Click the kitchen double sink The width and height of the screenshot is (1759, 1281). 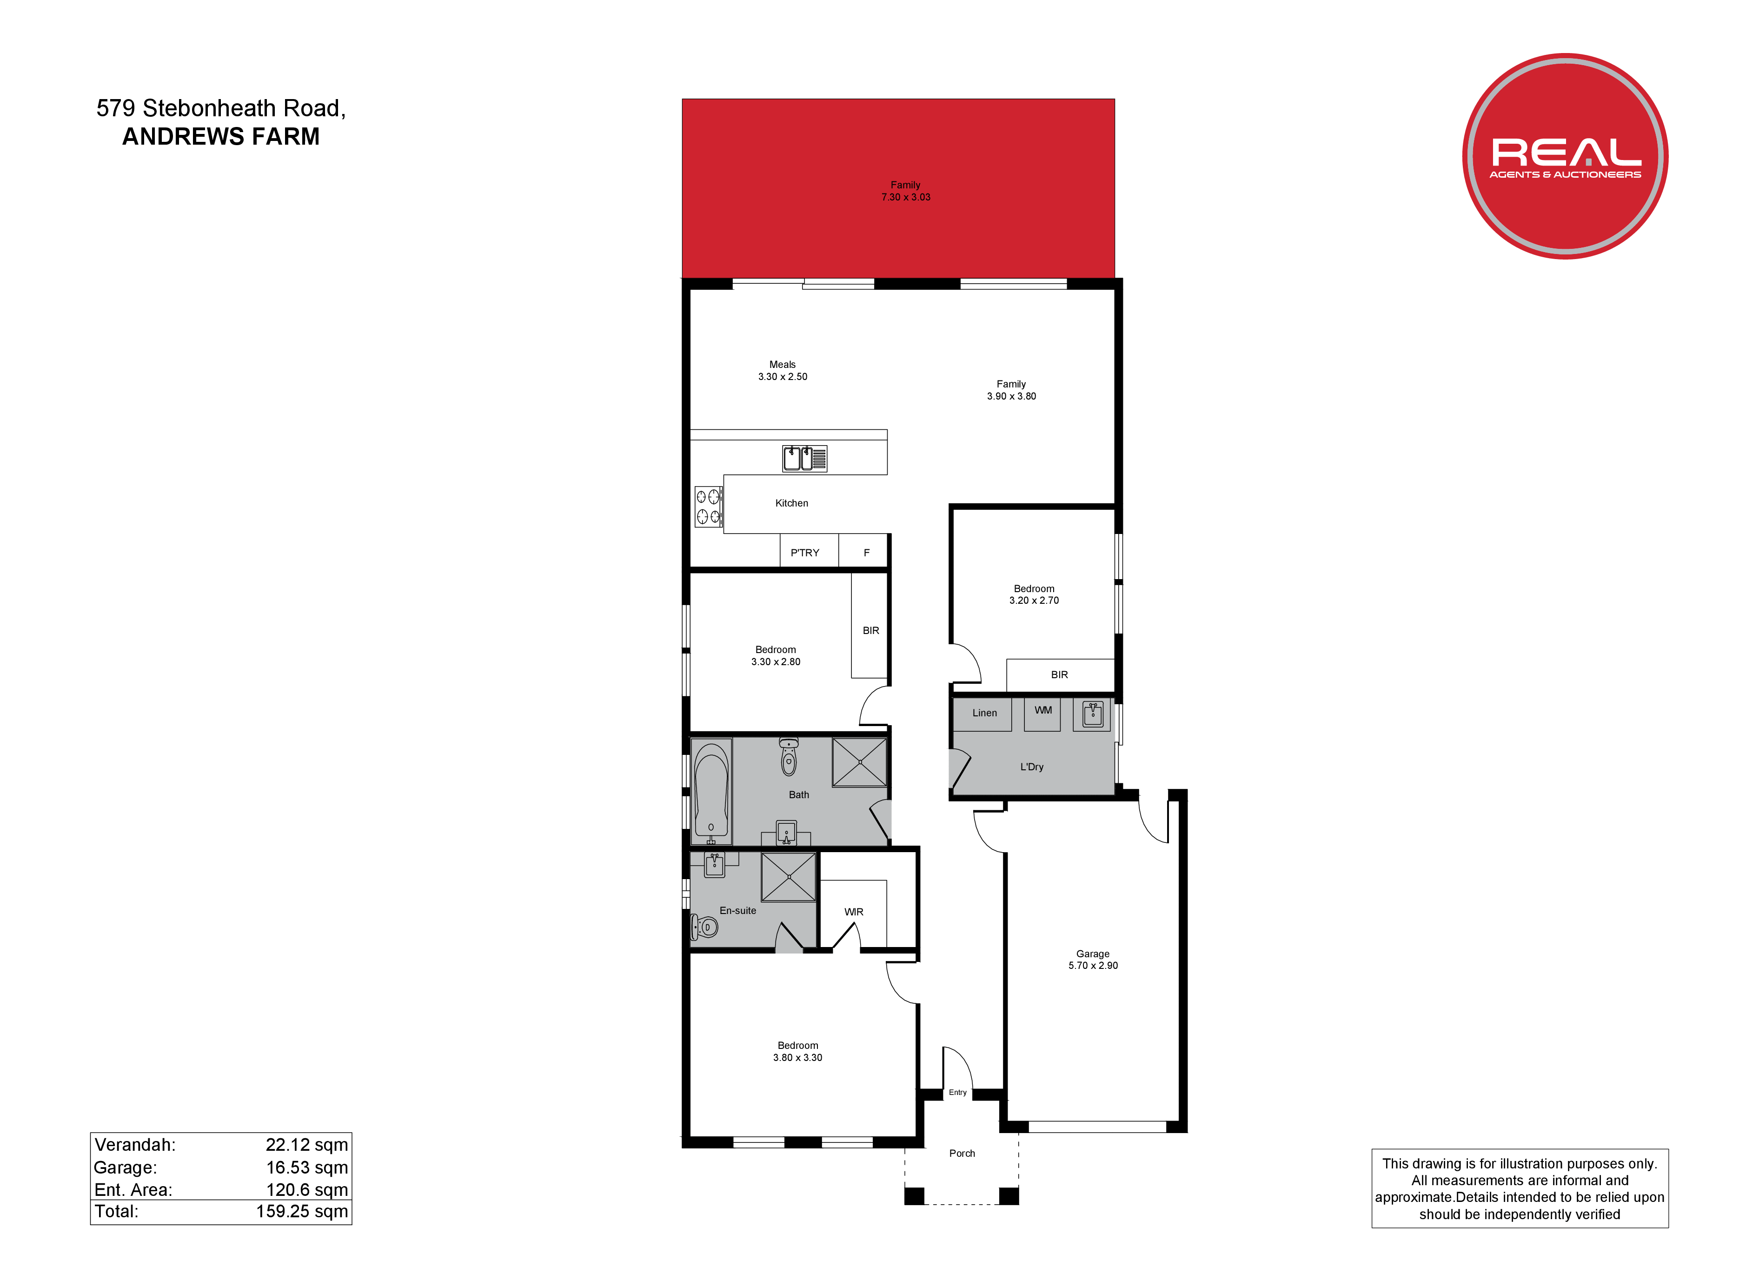pyautogui.click(x=804, y=459)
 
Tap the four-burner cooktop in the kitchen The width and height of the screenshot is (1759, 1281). pyautogui.click(x=708, y=507)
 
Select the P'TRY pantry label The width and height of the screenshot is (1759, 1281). pyautogui.click(x=805, y=553)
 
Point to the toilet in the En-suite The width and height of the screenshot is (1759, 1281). pyautogui.click(x=704, y=927)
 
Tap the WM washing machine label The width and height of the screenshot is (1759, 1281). pyautogui.click(x=1043, y=710)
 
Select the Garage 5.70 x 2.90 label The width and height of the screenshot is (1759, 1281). pyautogui.click(x=1093, y=960)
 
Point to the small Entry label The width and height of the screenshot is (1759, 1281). pyautogui.click(x=958, y=1093)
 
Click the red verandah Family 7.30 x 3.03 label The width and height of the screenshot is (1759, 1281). pyautogui.click(x=906, y=191)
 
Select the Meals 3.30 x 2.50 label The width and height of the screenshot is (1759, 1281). pyautogui.click(x=783, y=371)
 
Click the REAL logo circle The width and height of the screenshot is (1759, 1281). pyautogui.click(x=1565, y=156)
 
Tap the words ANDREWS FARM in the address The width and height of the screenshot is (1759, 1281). pyautogui.click(x=221, y=137)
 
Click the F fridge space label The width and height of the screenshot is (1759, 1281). pyautogui.click(x=867, y=553)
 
